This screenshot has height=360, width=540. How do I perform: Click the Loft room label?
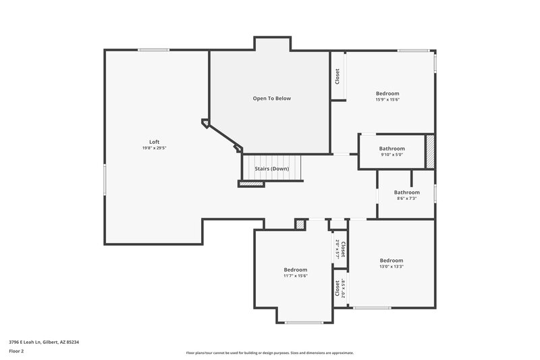coord(154,141)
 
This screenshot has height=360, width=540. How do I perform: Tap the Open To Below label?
coord(272,99)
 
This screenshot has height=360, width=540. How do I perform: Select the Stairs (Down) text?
coord(272,168)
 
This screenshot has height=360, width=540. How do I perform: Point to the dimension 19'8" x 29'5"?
coord(154,148)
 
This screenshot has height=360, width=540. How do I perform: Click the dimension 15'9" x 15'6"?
coord(387,100)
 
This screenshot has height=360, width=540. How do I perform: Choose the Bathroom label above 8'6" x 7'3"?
coord(407,192)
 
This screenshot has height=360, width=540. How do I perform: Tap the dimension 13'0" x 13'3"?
coord(391,267)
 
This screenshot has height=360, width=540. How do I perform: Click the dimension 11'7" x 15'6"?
coord(296,276)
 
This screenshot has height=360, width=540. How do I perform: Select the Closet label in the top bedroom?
coord(337,76)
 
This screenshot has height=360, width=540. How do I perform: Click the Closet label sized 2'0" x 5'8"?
coord(337,288)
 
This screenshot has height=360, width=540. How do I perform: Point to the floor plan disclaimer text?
coord(270,353)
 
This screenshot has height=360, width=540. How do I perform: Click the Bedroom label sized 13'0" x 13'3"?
coord(391,261)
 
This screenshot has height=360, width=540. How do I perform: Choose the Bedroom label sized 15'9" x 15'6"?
coord(387,93)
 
